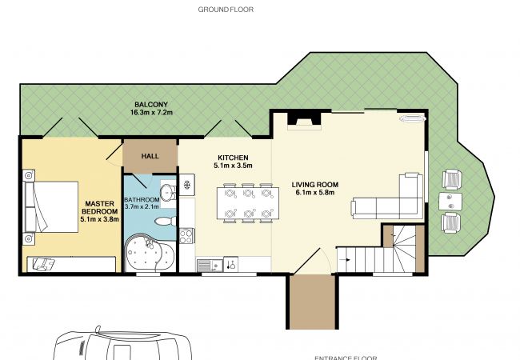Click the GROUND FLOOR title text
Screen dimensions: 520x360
pyautogui.click(x=226, y=10)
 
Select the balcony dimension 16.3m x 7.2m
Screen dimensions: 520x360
pyautogui.click(x=151, y=112)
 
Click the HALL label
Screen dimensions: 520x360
pyautogui.click(x=150, y=156)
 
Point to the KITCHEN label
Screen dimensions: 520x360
pyautogui.click(x=233, y=158)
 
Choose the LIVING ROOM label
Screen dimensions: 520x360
pyautogui.click(x=315, y=185)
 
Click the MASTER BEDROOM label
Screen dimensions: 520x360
pyautogui.click(x=100, y=207)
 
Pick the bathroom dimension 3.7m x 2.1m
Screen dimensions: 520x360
pyautogui.click(x=142, y=206)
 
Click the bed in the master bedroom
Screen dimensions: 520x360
pyautogui.click(x=51, y=207)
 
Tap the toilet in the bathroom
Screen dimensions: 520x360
pyautogui.click(x=166, y=221)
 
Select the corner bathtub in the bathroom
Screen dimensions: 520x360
pyautogui.click(x=150, y=252)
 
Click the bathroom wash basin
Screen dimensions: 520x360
pyautogui.click(x=168, y=191)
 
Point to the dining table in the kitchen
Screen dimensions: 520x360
pyautogui.click(x=248, y=203)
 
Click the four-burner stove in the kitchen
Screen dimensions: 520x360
pyautogui.click(x=186, y=236)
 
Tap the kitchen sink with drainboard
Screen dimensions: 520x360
pyautogui.click(x=210, y=266)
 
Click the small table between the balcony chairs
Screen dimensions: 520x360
pyautogui.click(x=450, y=202)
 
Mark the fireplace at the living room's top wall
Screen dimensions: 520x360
pyautogui.click(x=305, y=120)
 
